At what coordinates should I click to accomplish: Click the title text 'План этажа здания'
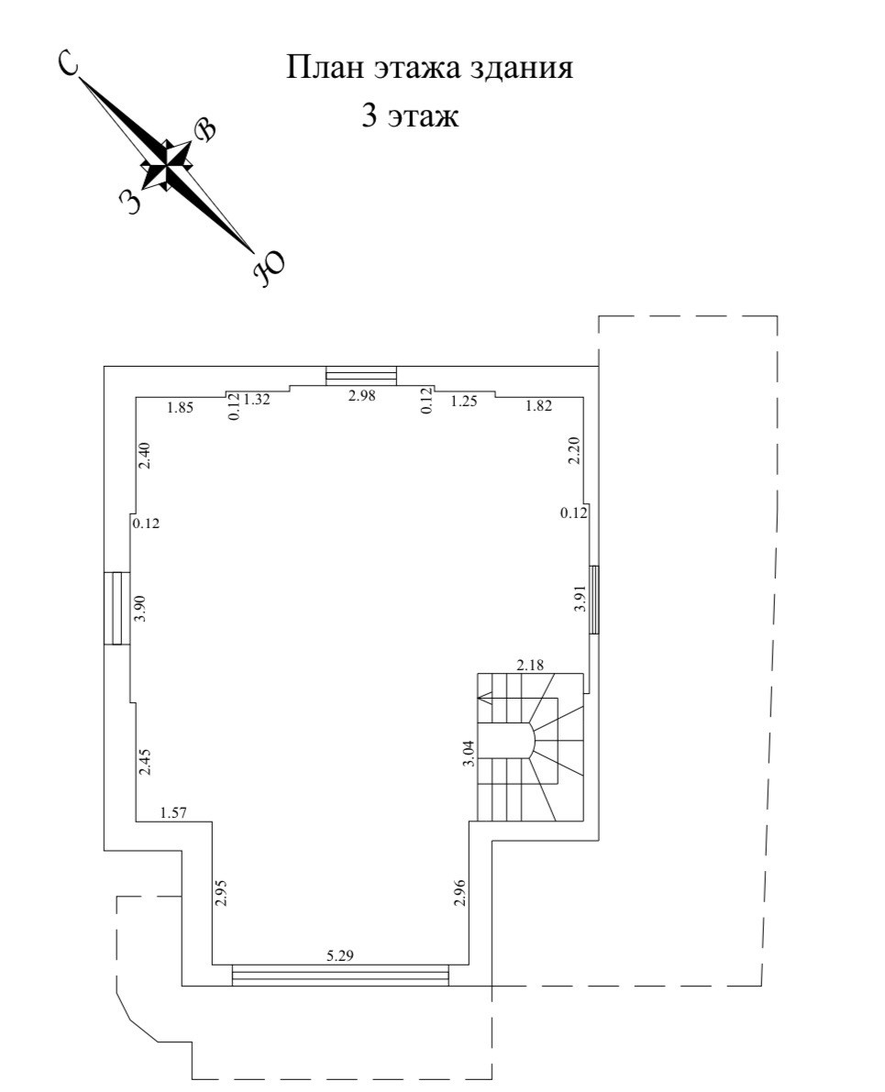click(x=431, y=68)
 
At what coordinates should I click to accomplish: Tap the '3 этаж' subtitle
click(x=409, y=117)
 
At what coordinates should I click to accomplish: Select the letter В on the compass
click(x=206, y=130)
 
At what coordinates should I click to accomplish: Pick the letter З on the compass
click(x=132, y=200)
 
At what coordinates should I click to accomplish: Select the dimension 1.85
click(x=179, y=408)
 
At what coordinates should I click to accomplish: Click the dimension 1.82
click(x=538, y=406)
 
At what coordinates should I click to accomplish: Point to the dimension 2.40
click(x=143, y=456)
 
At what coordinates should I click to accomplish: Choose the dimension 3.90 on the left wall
click(x=140, y=610)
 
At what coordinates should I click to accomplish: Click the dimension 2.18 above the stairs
click(x=531, y=665)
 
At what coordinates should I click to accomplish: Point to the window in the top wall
click(x=361, y=376)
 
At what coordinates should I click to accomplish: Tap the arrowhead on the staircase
click(x=484, y=700)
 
